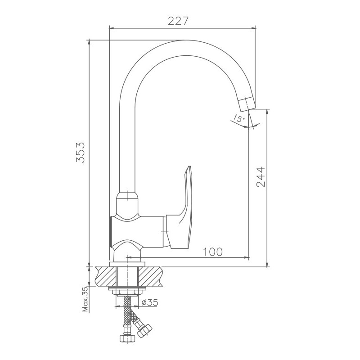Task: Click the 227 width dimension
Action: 178,21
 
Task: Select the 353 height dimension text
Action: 81,152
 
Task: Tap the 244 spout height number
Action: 261,177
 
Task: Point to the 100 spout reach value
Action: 213,252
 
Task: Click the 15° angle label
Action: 239,118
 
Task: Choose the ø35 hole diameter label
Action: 150,302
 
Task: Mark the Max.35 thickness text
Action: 85,299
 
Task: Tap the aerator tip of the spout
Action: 246,104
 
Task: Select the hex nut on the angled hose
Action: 144,331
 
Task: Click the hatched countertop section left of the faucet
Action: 106,276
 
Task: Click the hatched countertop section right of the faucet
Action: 150,276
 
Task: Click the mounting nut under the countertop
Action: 127,293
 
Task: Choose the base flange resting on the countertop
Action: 127,264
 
